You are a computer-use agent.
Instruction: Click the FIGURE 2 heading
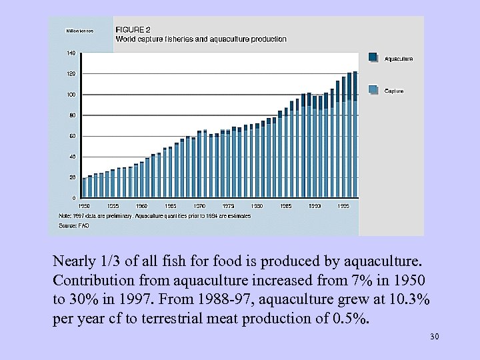click(133, 30)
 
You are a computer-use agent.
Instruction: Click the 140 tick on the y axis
click(71, 53)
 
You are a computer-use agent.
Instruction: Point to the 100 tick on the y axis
click(71, 95)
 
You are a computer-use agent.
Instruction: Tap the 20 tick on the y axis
click(72, 177)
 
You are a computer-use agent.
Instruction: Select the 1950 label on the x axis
click(84, 206)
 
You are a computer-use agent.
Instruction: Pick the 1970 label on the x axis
click(199, 206)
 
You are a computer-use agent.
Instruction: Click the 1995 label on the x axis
click(343, 206)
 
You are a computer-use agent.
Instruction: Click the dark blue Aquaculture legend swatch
click(374, 58)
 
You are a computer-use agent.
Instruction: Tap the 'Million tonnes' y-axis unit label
click(79, 31)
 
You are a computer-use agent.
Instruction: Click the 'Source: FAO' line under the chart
click(74, 226)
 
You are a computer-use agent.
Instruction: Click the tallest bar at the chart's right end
click(355, 134)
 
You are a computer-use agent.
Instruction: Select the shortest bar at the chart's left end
click(84, 188)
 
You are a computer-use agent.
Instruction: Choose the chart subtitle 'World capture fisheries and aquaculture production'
click(201, 39)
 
